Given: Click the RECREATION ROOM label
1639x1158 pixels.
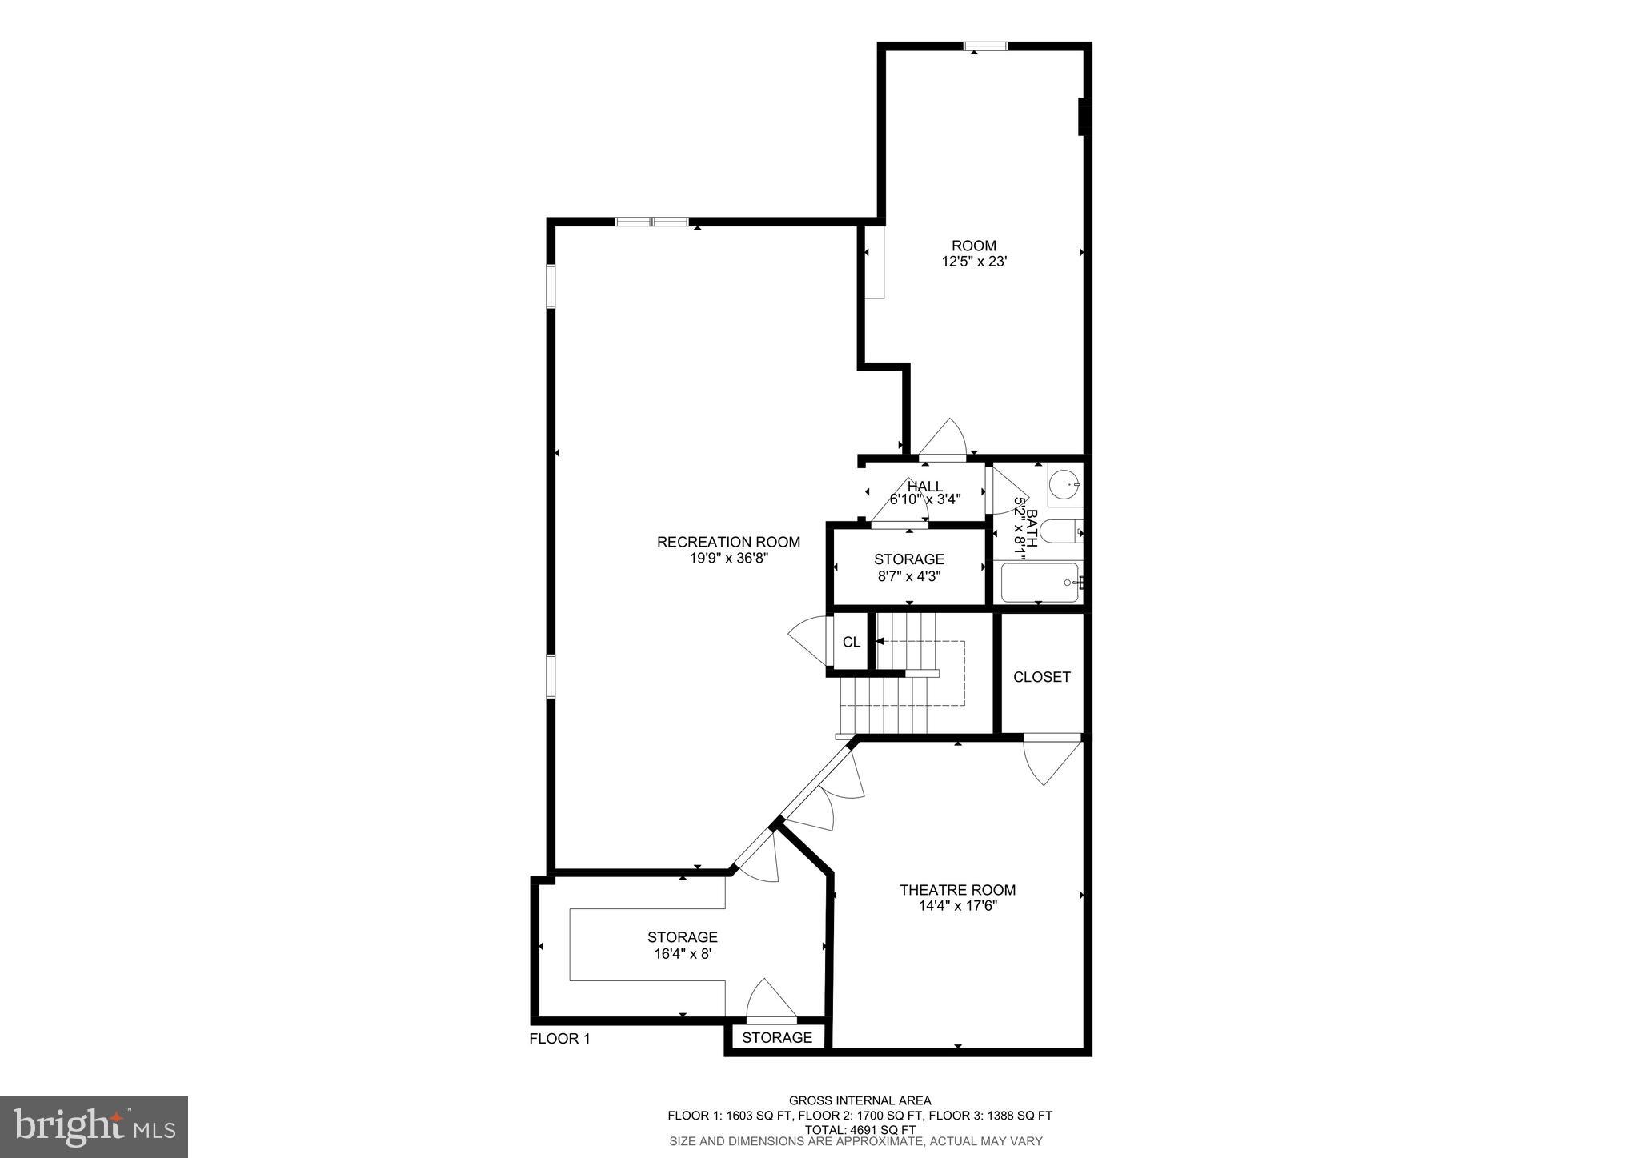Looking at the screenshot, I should coord(728,542).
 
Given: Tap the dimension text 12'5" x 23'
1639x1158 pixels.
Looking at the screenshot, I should coord(973,261).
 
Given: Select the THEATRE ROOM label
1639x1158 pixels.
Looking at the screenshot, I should coord(957,889).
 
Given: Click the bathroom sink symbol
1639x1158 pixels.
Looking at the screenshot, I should coord(1064,484).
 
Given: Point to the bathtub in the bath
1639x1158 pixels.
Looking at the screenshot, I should coord(1038,583).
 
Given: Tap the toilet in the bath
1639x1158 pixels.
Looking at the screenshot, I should coord(1061,531).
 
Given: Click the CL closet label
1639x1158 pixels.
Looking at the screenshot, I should coord(851,642).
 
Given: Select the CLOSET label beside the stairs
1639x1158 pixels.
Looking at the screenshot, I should coord(1041,677).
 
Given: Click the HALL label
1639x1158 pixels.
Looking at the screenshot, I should coord(925,486).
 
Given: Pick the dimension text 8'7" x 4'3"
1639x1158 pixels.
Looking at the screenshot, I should coord(908,575).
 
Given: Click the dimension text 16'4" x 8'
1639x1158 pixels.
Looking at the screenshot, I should coord(682,953).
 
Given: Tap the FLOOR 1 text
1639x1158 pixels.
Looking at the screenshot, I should coord(559,1039).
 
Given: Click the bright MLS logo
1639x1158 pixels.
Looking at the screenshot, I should coord(94,1128).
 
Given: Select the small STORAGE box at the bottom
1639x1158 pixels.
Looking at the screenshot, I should coord(776,1038).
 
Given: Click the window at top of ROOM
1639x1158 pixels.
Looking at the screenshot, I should coord(984,46).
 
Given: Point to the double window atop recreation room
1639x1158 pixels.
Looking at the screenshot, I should coord(651,222).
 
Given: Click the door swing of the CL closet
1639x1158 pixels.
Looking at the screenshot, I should coord(809,639).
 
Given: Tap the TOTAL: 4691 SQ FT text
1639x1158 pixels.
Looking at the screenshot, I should coord(860,1130).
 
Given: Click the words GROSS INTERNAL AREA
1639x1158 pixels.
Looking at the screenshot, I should coord(860,1100).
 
